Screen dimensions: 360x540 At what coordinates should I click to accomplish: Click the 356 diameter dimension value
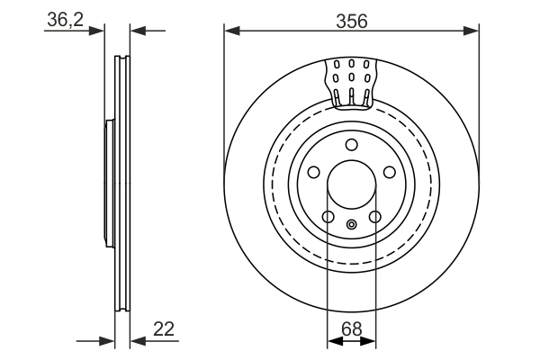coord(351,22)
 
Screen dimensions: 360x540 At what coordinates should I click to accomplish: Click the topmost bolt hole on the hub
coord(352,146)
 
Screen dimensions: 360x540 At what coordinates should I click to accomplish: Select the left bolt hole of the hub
coord(313,173)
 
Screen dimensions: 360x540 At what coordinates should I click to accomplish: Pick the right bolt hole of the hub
coord(390,173)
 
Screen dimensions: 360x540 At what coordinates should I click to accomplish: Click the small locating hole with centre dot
coord(352,224)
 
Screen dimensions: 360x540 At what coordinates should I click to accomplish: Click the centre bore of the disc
coord(351,184)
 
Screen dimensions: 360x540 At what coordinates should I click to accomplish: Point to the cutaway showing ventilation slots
coord(350,81)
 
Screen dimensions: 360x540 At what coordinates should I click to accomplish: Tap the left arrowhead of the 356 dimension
coord(230,31)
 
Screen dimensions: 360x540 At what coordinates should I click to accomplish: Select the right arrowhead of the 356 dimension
coord(473,31)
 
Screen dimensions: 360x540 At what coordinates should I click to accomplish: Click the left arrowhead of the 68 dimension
coord(332,341)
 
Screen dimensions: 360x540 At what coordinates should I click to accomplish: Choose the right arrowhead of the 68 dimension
coord(370,341)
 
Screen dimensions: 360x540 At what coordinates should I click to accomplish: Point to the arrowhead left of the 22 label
coord(138,341)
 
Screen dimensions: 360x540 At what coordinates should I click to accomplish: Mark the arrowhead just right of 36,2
coord(136,31)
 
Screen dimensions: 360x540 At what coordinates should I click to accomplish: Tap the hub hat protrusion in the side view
coord(108,184)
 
